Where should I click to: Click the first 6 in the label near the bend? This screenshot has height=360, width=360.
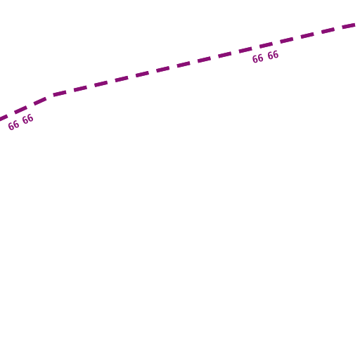(11, 127)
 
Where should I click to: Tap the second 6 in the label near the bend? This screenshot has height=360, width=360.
(15, 124)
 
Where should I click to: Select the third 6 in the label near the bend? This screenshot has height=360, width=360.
(25, 120)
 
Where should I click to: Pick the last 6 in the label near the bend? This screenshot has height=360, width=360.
(30, 118)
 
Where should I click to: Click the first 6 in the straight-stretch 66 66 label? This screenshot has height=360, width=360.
(255, 59)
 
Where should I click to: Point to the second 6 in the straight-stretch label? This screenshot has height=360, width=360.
(260, 58)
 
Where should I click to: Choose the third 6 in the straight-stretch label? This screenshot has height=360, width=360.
(271, 56)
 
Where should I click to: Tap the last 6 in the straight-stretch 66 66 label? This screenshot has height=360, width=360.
(276, 55)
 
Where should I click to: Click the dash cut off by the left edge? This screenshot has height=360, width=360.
(4, 118)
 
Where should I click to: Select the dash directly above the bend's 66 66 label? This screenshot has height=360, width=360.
(21, 110)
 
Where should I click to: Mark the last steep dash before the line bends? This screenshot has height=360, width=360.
(40, 101)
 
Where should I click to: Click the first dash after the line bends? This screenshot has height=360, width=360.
(60, 94)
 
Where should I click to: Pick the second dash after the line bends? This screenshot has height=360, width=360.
(80, 89)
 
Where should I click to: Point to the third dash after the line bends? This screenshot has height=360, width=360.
(101, 83)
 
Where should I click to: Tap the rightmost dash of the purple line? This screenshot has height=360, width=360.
(349, 25)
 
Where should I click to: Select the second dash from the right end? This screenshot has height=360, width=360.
(328, 30)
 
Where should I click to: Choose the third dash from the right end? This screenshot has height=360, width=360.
(307, 35)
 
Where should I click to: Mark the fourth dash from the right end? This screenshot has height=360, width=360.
(287, 40)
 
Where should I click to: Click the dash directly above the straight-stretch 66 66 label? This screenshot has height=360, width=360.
(266, 45)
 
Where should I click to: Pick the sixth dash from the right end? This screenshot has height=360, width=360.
(245, 50)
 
